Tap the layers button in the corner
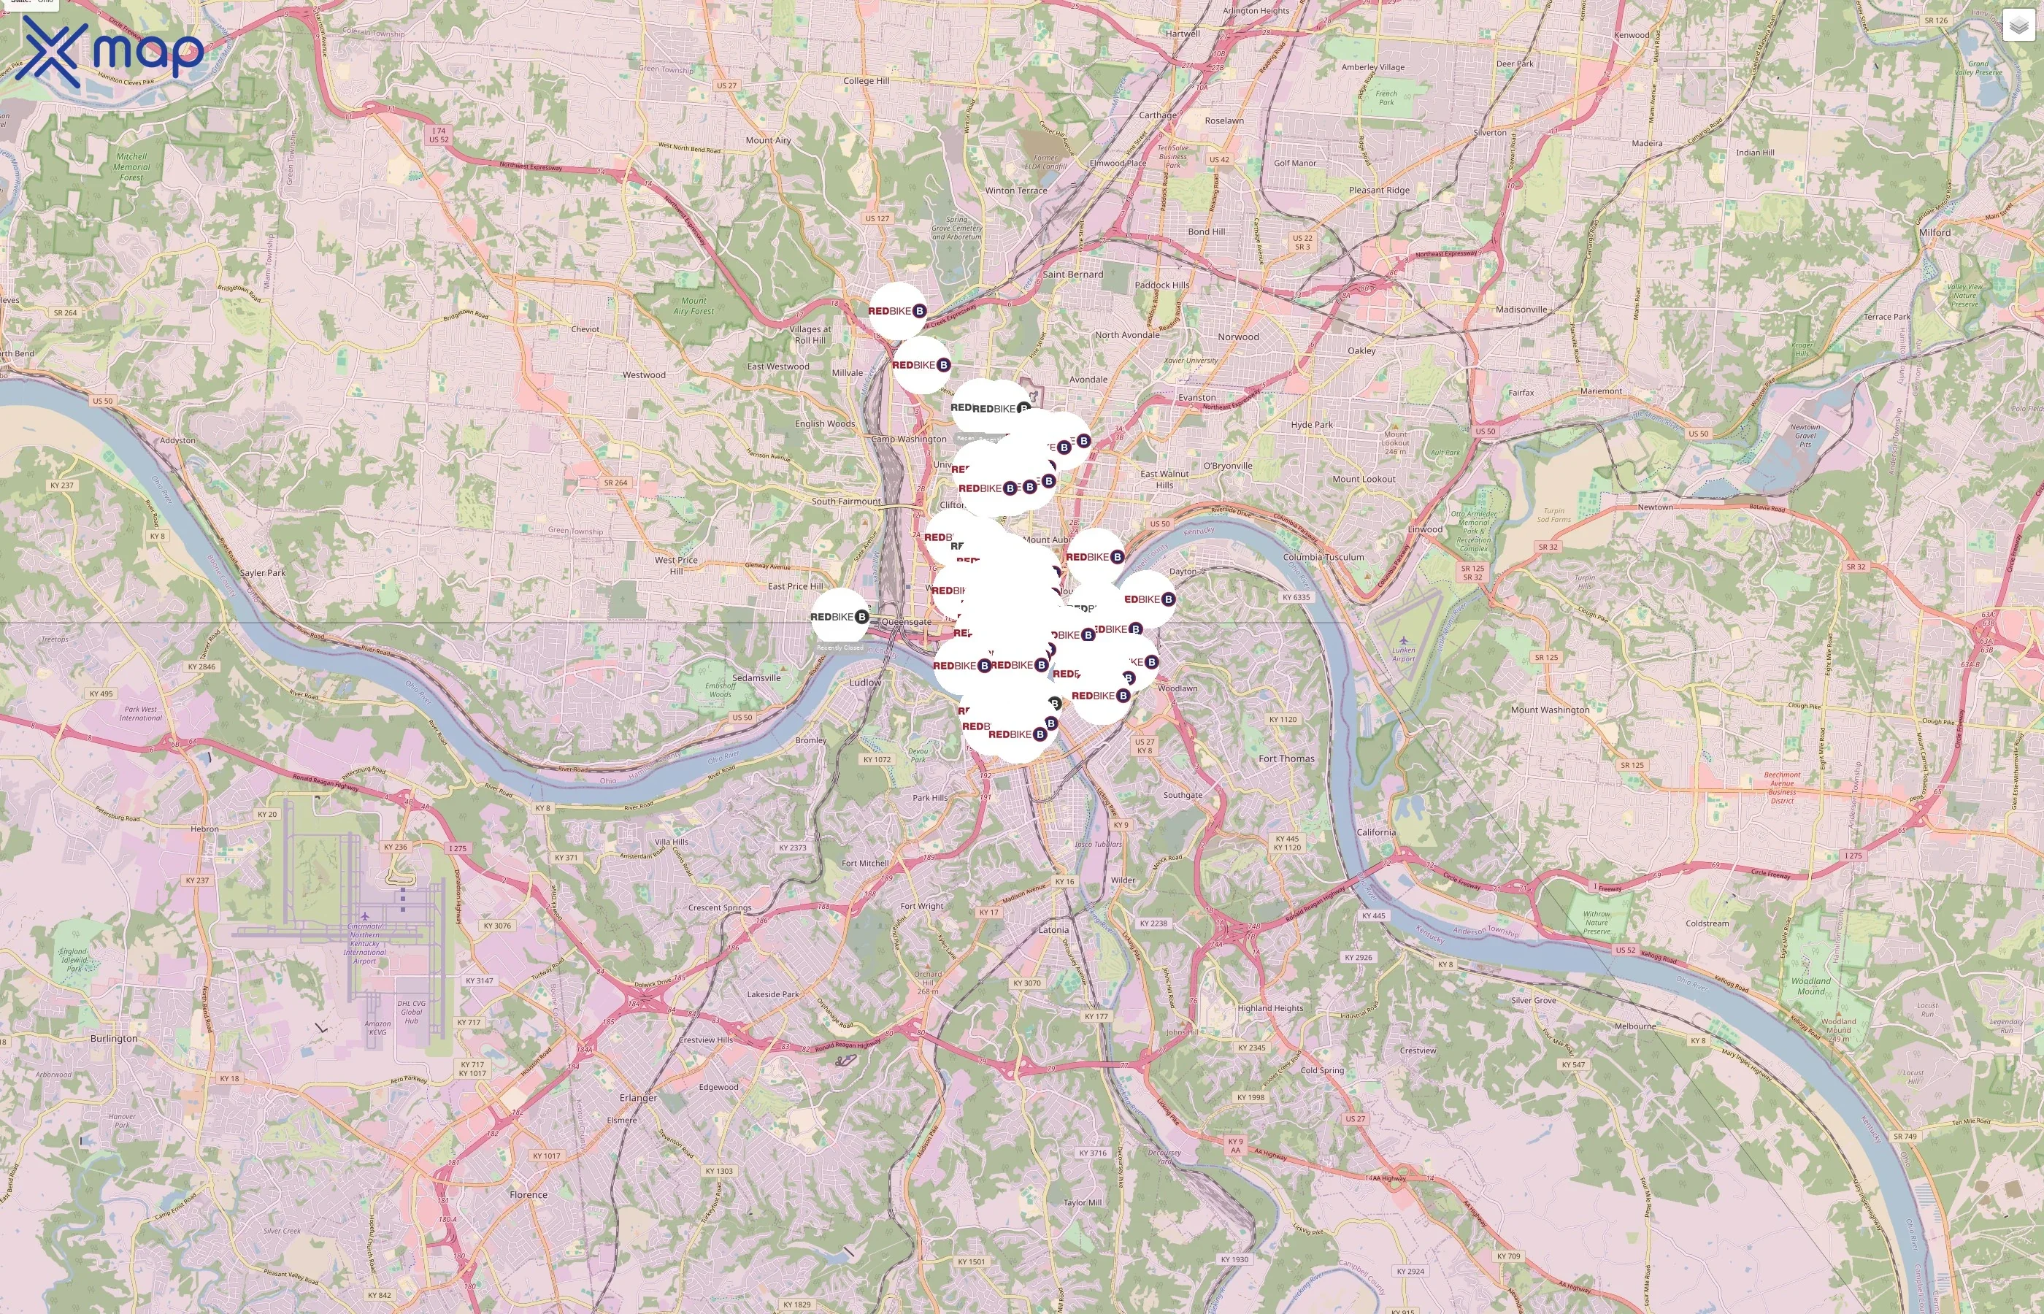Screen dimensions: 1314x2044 tap(2018, 26)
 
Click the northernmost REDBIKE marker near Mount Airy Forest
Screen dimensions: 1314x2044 tap(896, 310)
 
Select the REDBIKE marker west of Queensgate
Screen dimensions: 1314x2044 tap(839, 616)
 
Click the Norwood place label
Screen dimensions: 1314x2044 tap(1238, 337)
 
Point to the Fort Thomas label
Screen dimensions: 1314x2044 tap(1286, 758)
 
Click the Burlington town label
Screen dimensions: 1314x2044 tap(113, 1038)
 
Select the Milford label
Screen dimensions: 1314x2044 tap(1934, 232)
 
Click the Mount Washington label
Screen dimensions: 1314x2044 tap(1549, 710)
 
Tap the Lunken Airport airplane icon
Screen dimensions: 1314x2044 tap(1403, 641)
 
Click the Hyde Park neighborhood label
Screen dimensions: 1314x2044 tap(1311, 425)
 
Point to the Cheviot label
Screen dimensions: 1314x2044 tap(585, 329)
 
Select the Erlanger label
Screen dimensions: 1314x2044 tap(637, 1098)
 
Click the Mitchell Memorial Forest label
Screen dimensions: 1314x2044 tap(131, 167)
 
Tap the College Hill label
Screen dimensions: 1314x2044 tap(865, 81)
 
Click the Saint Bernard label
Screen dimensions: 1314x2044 tap(1072, 274)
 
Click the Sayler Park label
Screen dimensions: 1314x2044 tap(263, 573)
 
